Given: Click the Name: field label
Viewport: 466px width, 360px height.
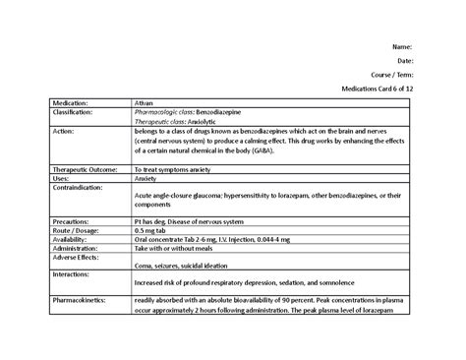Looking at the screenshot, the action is pos(402,46).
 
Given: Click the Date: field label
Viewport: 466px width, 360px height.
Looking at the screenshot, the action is pos(404,60).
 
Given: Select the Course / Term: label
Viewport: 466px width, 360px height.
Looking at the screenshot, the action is pos(392,74).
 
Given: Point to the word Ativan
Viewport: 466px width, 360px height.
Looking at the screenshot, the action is pos(146,102).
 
